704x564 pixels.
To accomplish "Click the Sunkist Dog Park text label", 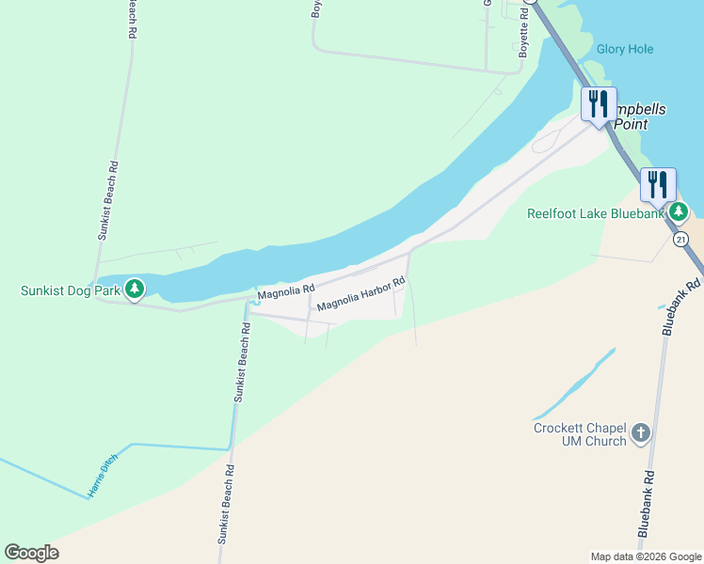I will click(x=71, y=290).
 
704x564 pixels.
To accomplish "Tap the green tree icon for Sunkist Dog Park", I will click(x=135, y=288).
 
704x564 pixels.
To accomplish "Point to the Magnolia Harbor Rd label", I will click(x=360, y=294).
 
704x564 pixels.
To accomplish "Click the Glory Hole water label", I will click(x=624, y=49).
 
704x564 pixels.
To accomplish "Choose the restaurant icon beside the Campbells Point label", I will click(x=599, y=103).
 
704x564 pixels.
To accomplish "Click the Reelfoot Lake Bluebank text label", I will click(x=595, y=214).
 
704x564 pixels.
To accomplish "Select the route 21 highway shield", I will click(x=680, y=240).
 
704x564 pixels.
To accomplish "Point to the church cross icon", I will click(x=641, y=433).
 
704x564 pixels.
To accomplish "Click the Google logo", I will click(x=31, y=553).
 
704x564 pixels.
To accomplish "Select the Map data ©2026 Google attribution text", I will click(x=645, y=556).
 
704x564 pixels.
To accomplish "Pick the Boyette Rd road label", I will click(x=524, y=36).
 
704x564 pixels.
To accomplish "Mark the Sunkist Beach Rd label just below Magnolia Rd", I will click(x=242, y=363).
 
